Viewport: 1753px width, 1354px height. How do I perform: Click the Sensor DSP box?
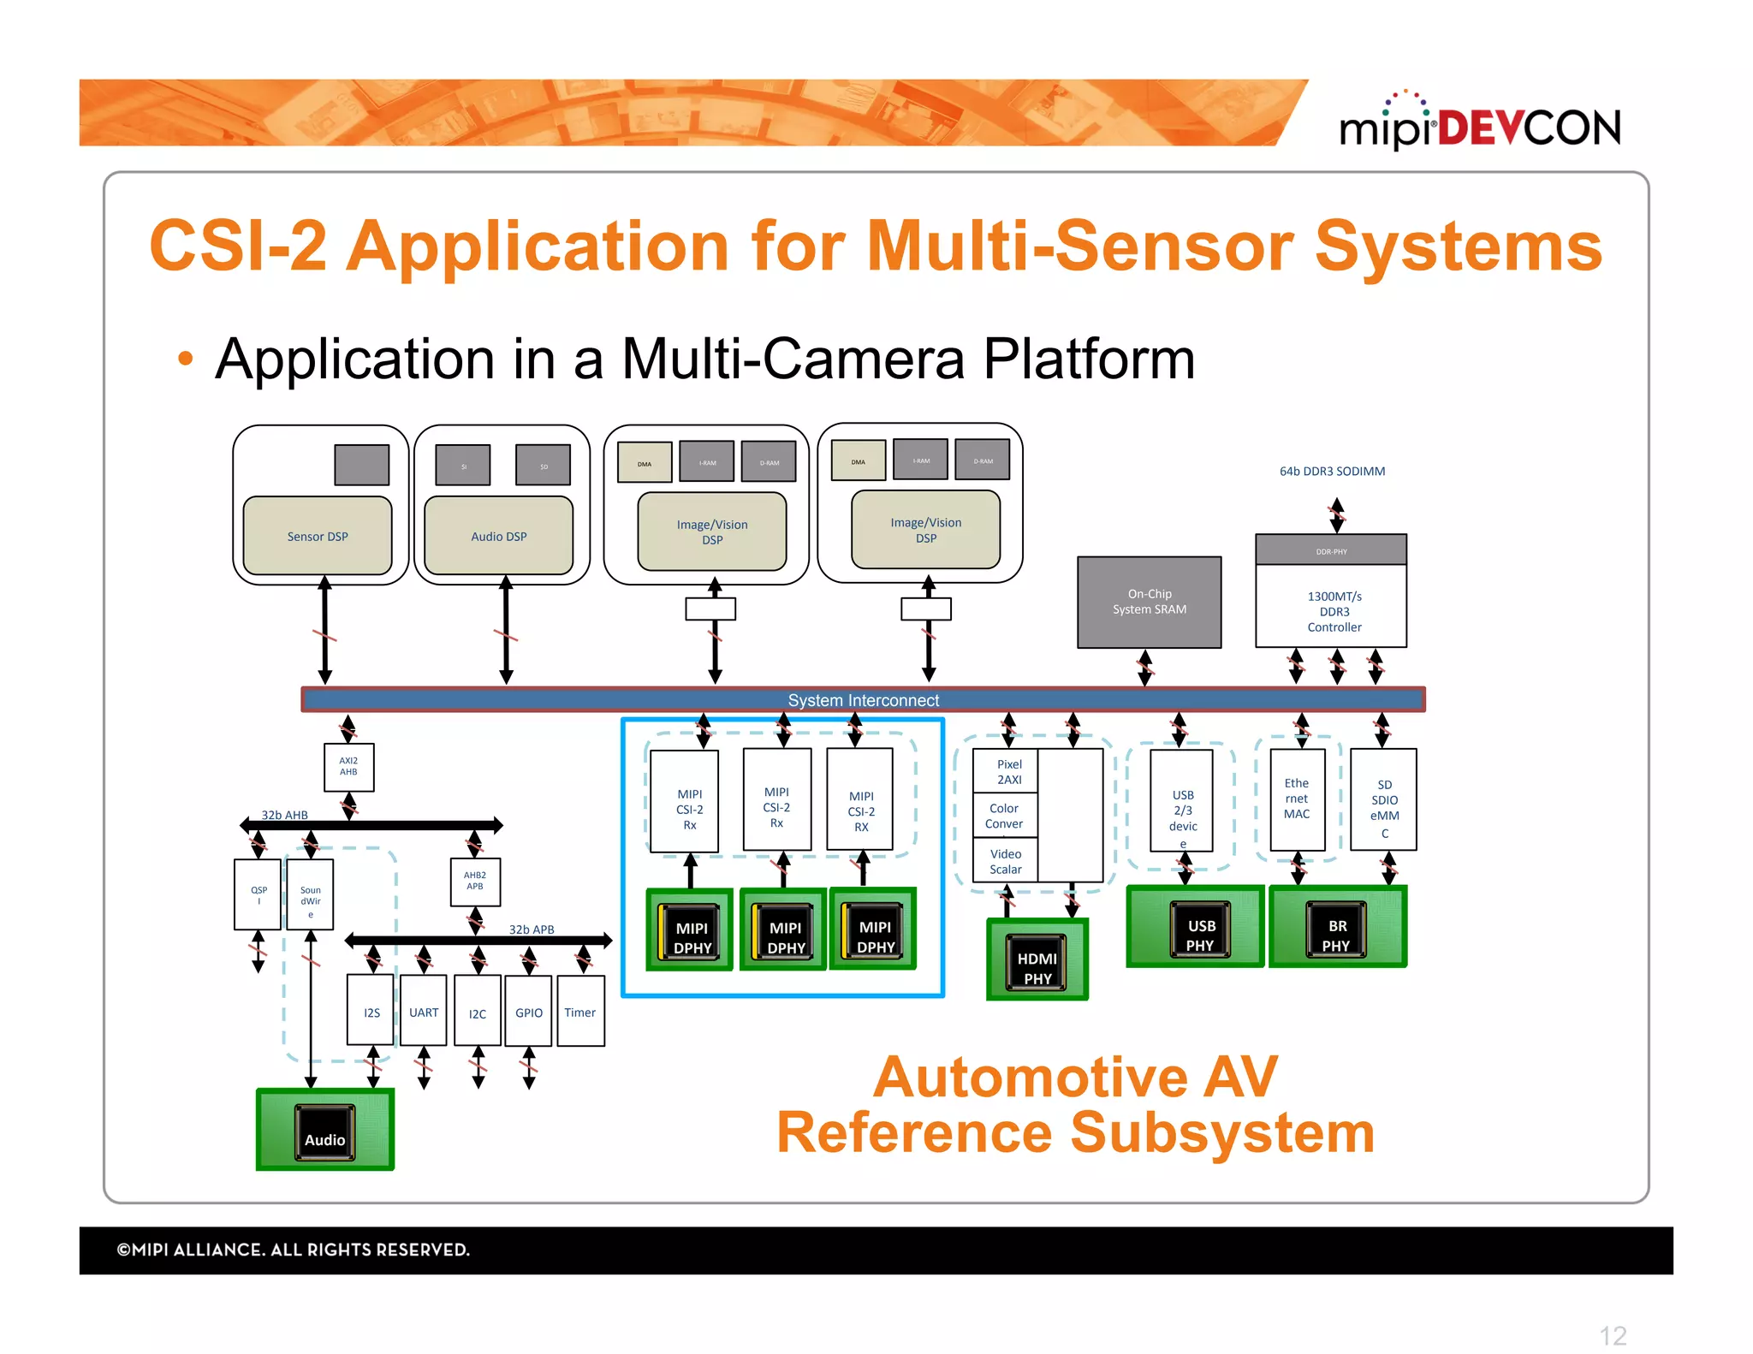point(318,536)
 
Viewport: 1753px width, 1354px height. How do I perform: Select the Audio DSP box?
point(498,536)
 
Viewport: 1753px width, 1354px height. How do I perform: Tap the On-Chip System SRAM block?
point(1149,602)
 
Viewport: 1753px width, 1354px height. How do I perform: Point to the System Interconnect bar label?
point(863,699)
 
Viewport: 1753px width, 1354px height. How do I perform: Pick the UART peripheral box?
point(423,1012)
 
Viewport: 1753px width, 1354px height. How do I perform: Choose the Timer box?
point(579,1012)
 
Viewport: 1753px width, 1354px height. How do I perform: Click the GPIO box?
point(528,1012)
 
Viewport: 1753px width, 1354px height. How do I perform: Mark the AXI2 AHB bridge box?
point(348,766)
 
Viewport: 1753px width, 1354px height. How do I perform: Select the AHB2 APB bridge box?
point(474,881)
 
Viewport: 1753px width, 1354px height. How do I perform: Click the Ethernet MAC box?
point(1296,799)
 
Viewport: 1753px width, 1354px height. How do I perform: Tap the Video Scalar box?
point(1005,861)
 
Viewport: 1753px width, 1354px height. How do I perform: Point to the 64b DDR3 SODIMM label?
point(1331,471)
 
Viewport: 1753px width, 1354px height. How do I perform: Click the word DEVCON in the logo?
point(1529,128)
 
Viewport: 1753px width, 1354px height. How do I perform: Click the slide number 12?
point(1612,1334)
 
